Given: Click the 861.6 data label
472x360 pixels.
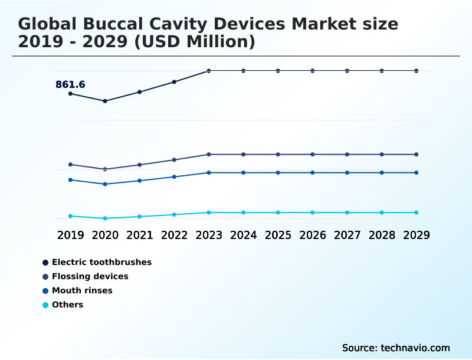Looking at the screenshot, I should point(70,84).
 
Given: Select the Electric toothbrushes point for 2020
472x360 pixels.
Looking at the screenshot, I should point(105,101).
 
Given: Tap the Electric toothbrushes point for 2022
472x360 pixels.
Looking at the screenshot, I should point(174,81).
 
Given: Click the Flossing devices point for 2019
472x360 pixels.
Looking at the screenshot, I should point(70,164).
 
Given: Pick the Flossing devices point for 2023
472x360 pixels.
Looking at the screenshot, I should point(209,155).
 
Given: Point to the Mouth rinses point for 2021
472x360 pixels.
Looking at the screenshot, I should point(140,181).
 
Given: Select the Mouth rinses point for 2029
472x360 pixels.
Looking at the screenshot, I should point(416,172).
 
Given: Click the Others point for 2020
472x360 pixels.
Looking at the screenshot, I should point(105,218).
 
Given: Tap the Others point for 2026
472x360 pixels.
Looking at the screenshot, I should point(313,212).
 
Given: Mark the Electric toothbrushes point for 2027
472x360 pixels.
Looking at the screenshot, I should point(347,71).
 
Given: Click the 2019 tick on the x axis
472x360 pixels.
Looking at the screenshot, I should point(70,235).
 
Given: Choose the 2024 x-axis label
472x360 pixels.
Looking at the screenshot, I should point(243,235).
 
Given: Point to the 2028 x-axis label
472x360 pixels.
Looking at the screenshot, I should point(382,235).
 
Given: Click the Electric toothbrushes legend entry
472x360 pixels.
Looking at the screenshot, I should point(101,262).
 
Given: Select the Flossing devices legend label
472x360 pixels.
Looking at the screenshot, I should point(90,276).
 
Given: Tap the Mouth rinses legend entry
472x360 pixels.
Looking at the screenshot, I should point(82,290).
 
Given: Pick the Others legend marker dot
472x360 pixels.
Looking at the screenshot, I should point(45,305).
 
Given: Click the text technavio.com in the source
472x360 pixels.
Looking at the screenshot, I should point(415,348).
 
